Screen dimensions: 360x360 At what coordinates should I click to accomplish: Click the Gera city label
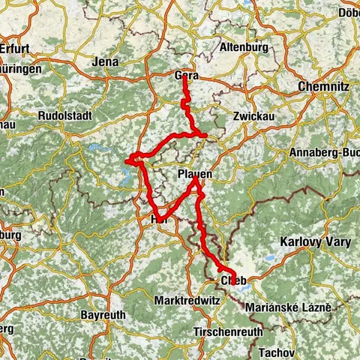point(187,76)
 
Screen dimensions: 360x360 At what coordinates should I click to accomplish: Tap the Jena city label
point(106,62)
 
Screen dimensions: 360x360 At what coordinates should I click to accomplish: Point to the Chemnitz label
point(323,87)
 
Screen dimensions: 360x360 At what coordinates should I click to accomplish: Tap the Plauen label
point(196,174)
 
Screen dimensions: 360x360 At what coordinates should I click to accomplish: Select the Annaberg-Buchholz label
point(323,154)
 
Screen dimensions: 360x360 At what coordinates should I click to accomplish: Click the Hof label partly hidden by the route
point(158,219)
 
